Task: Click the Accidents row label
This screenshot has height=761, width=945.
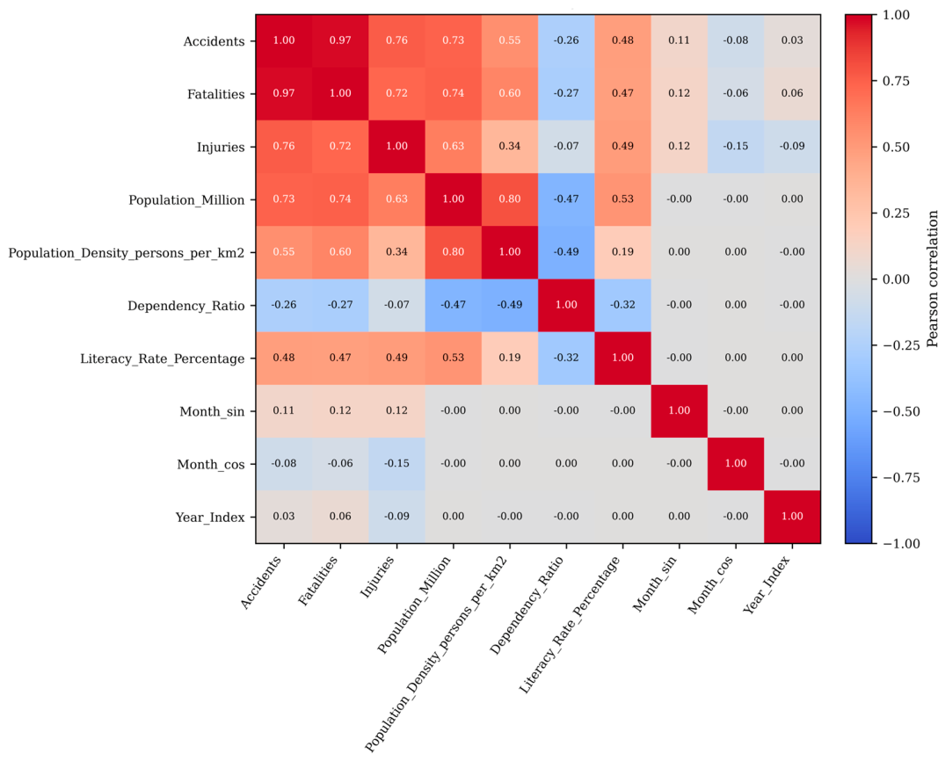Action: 214,41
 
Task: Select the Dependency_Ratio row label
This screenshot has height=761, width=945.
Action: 186,306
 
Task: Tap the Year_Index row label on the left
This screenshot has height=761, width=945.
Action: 210,518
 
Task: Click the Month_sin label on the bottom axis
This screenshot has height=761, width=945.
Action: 655,583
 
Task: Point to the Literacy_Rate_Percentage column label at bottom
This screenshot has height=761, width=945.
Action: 570,624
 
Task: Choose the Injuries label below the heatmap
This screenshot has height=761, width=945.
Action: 377,576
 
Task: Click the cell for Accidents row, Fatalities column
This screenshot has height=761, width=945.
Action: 340,40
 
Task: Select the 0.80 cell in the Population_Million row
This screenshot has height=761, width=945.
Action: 510,199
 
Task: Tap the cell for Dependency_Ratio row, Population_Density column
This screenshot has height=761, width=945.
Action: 510,305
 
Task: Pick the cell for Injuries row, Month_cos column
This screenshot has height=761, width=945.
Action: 736,147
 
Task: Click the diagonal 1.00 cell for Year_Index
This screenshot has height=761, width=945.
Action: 793,517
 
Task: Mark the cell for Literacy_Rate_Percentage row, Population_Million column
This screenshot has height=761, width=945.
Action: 454,358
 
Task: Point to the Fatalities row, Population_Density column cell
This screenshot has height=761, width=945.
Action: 510,93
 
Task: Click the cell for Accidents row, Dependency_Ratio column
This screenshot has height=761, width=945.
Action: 566,40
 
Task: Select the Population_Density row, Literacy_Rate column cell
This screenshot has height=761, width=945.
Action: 622,252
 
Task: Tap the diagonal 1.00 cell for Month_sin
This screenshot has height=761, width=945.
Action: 680,411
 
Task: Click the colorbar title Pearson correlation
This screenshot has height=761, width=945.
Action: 933,279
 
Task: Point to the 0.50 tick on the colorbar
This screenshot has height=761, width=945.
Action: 896,148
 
